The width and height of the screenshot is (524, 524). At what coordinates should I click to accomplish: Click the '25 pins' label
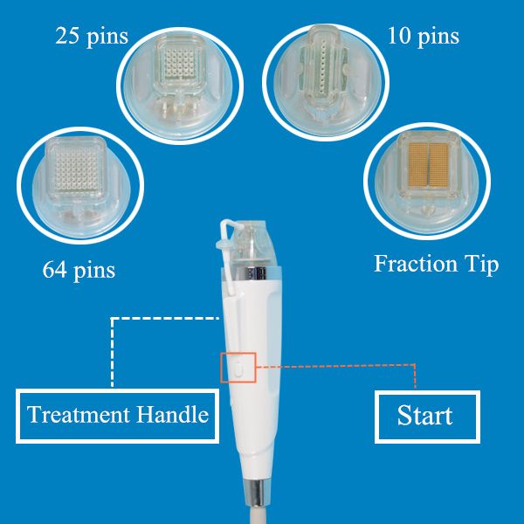(x=92, y=37)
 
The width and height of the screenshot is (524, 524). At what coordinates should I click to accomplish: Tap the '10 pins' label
(x=423, y=36)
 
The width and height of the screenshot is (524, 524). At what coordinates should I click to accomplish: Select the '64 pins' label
(x=79, y=270)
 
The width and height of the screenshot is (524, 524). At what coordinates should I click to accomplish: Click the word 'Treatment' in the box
(x=79, y=414)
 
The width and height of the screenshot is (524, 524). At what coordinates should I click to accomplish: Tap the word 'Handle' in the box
(x=172, y=414)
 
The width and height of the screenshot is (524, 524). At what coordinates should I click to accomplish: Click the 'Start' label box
(x=427, y=417)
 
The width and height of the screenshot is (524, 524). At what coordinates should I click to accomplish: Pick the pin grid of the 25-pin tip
(x=180, y=64)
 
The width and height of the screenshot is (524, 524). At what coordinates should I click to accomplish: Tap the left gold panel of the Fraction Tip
(x=417, y=165)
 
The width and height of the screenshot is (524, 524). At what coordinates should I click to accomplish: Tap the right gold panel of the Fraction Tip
(x=438, y=165)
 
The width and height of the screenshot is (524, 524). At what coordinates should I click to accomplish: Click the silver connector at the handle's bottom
(x=256, y=491)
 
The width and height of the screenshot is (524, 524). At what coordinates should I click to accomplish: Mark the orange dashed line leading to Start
(x=336, y=366)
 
